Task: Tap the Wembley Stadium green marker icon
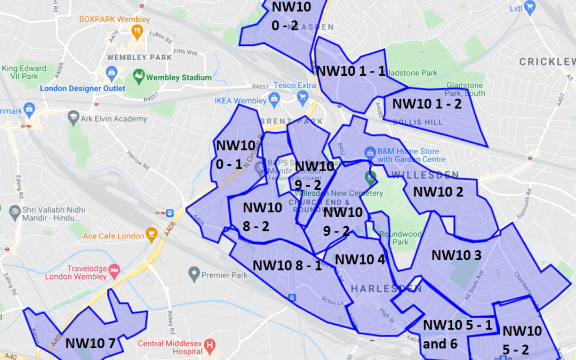139,77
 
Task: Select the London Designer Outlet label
83,89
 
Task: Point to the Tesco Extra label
295,85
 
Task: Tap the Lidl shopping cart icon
530,7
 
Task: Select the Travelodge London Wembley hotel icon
113,272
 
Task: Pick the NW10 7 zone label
90,343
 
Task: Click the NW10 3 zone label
456,255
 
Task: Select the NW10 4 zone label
360,260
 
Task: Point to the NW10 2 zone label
438,191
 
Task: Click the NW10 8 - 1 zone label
287,265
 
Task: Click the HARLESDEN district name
386,289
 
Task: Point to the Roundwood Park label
401,238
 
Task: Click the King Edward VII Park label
25,73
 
